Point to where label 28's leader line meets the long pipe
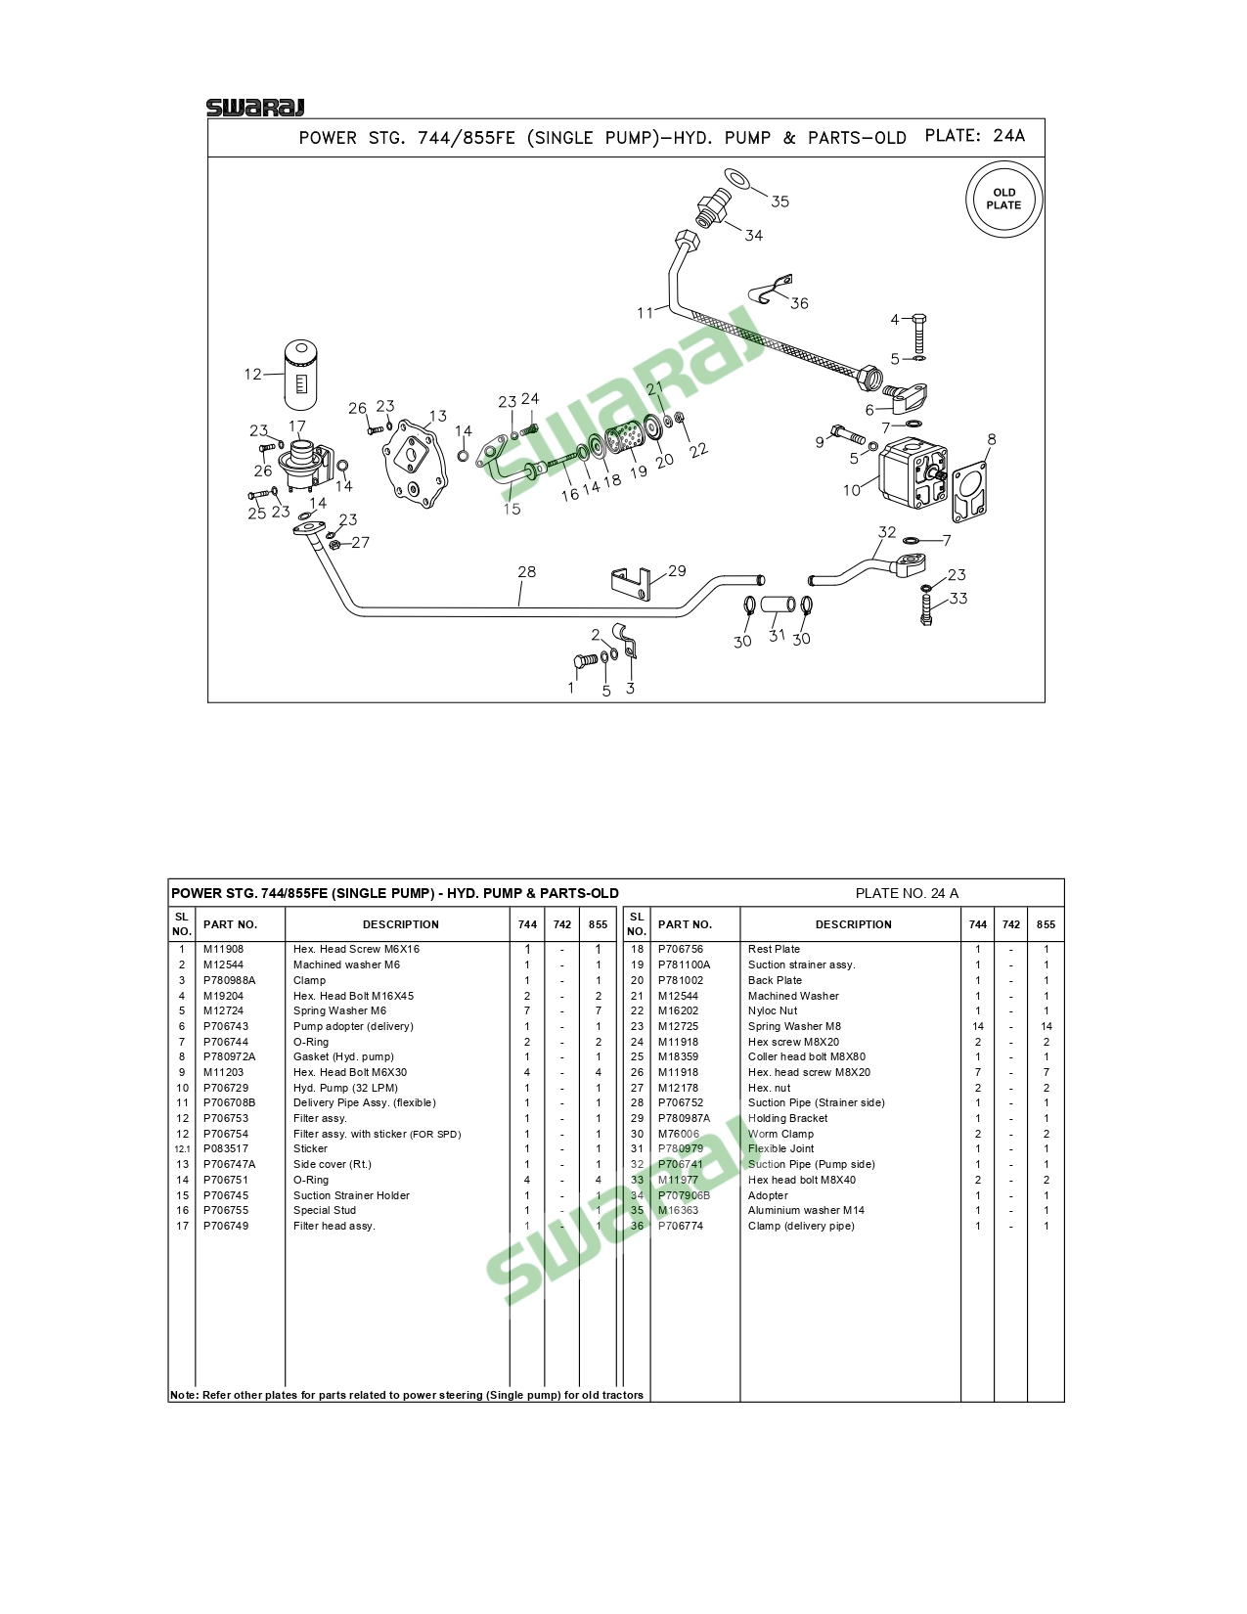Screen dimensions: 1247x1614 [519, 606]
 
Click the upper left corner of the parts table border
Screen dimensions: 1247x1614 [168, 879]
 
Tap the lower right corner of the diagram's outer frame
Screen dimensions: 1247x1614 [1045, 702]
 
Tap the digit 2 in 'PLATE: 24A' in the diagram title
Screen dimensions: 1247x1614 [999, 136]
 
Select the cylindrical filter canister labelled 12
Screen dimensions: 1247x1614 [302, 375]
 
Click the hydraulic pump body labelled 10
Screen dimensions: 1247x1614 [913, 472]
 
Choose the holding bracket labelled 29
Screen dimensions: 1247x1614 [631, 582]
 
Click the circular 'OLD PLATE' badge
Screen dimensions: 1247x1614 [1004, 199]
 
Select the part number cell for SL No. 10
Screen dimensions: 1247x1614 [226, 1088]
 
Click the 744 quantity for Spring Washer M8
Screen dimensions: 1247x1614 [977, 1026]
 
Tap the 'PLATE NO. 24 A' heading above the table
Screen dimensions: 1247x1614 [907, 893]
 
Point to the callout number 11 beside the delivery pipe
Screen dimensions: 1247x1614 [645, 313]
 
